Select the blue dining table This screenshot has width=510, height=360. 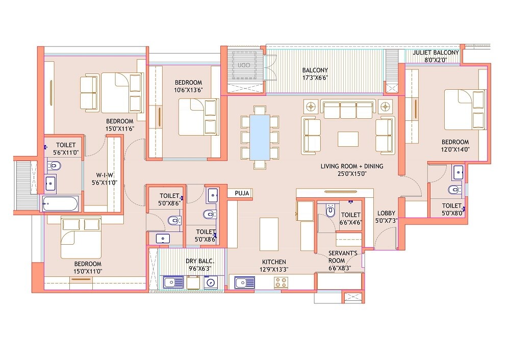click(x=260, y=136)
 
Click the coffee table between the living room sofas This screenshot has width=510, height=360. click(x=348, y=139)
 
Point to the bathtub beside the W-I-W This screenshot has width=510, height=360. click(x=60, y=204)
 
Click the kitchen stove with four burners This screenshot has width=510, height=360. click(x=280, y=282)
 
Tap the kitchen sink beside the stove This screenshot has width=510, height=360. click(x=245, y=282)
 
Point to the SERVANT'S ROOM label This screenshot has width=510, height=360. click(x=346, y=253)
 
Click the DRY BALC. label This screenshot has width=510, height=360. click(x=199, y=261)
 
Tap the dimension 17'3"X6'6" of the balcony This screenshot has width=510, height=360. click(x=315, y=79)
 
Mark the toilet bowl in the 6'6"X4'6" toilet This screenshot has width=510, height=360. click(x=330, y=210)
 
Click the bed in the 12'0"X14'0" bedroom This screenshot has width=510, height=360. click(x=464, y=110)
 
